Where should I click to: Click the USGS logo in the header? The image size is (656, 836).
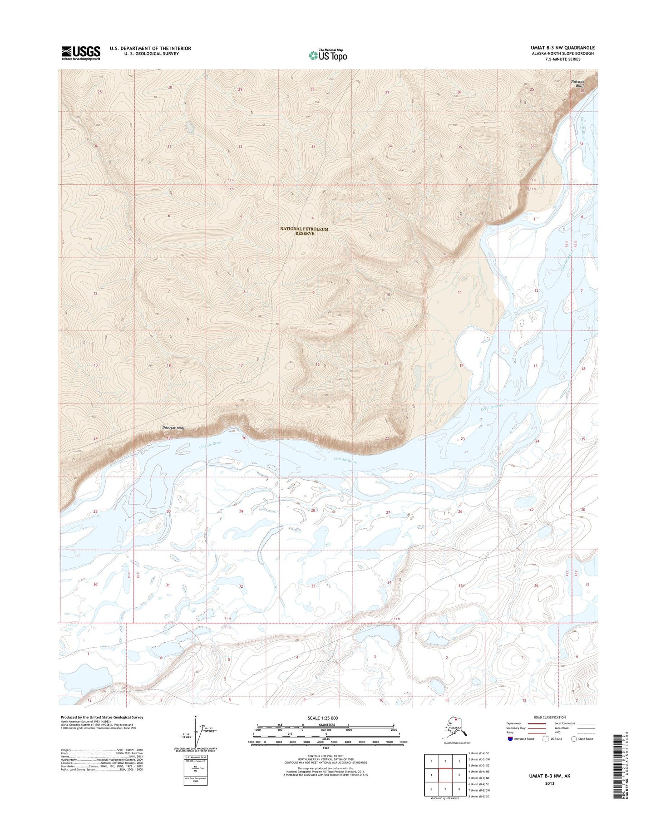click(81, 53)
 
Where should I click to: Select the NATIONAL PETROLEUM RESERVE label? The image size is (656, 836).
click(305, 231)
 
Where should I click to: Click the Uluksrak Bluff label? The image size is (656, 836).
click(577, 83)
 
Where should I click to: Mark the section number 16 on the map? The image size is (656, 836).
click(318, 365)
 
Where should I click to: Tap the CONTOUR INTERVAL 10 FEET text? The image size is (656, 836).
click(326, 756)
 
